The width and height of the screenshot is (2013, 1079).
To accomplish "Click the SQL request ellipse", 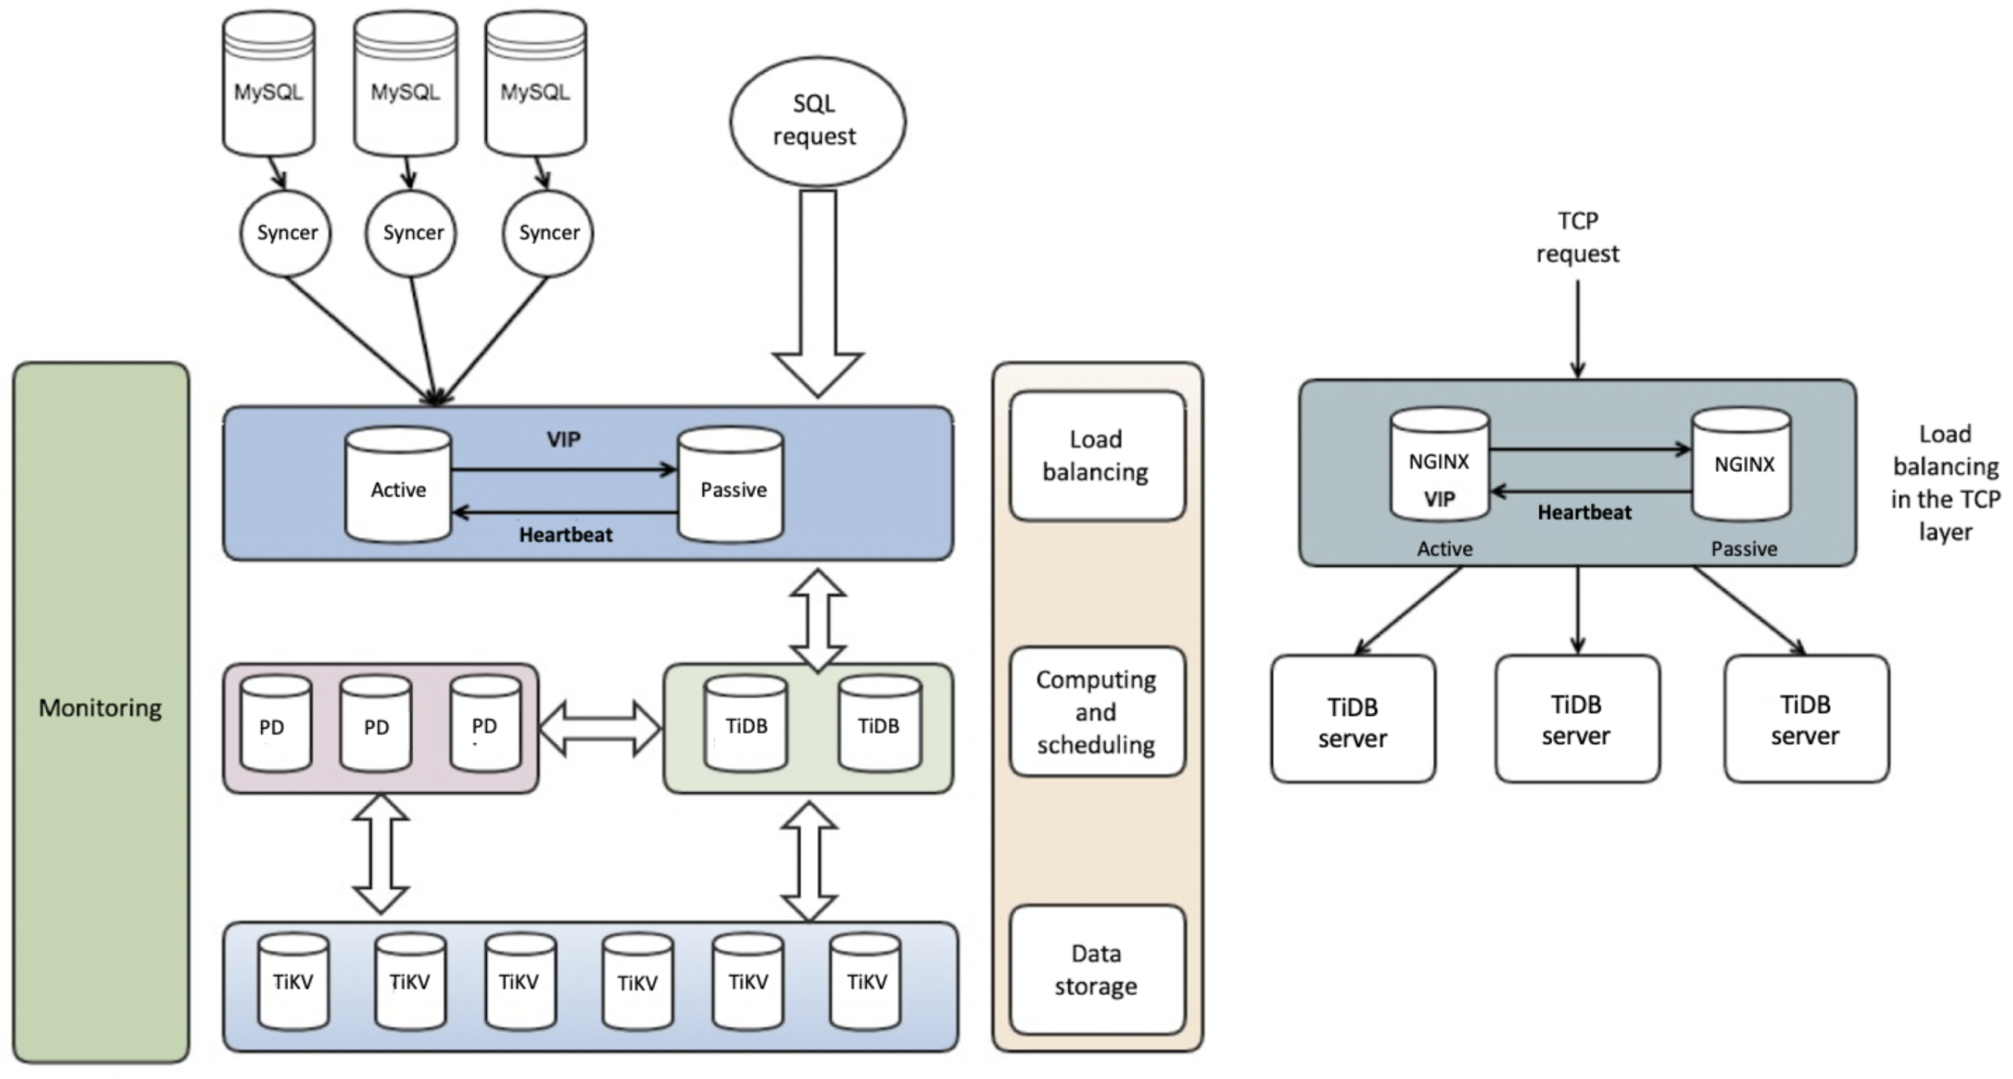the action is point(817,122).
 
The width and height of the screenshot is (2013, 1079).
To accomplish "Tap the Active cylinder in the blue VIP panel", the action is point(398,484).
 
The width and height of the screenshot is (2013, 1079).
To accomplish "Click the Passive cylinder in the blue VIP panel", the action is point(730,484).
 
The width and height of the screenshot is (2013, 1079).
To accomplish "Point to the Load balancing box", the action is point(1097,456).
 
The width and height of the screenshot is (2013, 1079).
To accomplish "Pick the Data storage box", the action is point(1097,970).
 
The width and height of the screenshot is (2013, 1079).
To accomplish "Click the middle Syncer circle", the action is point(411,233).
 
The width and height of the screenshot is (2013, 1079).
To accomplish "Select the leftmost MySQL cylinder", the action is point(269,83).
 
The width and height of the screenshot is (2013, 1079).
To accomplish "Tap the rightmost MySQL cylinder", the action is point(535,83).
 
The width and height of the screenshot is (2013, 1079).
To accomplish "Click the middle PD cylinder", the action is point(376,723).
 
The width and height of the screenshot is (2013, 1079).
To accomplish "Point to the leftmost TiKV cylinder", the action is point(294,982).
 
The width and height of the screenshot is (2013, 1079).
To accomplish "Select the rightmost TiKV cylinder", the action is point(865,982).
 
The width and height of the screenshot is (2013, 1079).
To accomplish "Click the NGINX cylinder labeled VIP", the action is point(1440,464).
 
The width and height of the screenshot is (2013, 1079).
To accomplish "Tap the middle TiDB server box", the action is point(1577,719).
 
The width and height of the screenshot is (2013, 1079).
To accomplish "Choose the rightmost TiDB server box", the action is point(1807,719).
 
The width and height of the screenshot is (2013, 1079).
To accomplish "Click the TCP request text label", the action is point(1577,237).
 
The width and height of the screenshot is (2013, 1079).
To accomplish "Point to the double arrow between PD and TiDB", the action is point(600,729).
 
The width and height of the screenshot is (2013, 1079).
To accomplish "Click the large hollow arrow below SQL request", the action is point(817,294).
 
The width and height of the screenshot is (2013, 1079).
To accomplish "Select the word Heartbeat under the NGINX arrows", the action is point(1585,513).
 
